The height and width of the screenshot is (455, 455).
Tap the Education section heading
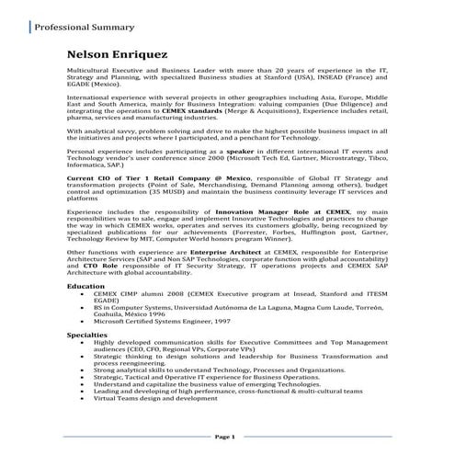pos(85,286)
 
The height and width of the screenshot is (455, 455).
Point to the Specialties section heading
pos(88,336)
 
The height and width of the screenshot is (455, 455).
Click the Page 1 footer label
pos(226,435)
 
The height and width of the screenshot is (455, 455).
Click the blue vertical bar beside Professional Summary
pos(27,28)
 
